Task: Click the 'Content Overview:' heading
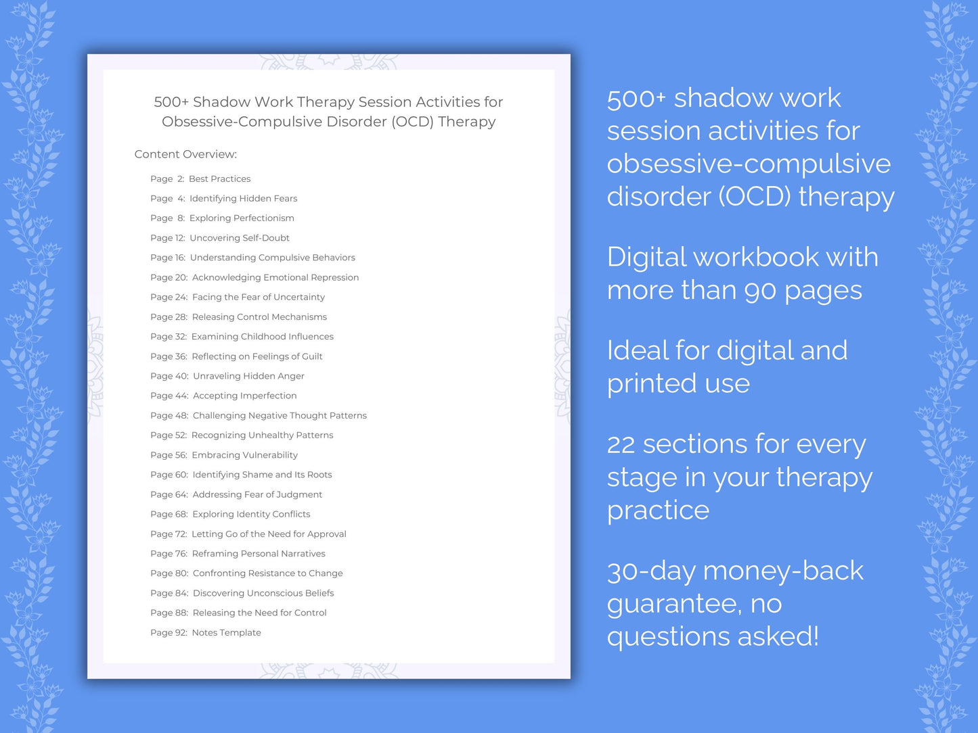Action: (185, 154)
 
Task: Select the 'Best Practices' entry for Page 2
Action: (219, 179)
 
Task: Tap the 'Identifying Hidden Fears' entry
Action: (243, 199)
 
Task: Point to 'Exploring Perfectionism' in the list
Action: (242, 218)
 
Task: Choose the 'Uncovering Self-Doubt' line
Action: (240, 238)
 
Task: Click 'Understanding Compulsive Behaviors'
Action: (272, 258)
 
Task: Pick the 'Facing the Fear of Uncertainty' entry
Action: (259, 298)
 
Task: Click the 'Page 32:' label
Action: (169, 337)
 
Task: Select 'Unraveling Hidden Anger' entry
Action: (248, 376)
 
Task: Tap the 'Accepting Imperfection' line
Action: (244, 396)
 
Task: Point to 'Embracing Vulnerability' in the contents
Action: (244, 455)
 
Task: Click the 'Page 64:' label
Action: (169, 495)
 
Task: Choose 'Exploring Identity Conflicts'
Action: (251, 515)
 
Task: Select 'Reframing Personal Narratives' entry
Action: (259, 554)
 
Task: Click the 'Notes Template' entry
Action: (226, 633)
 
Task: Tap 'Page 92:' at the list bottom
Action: (169, 633)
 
